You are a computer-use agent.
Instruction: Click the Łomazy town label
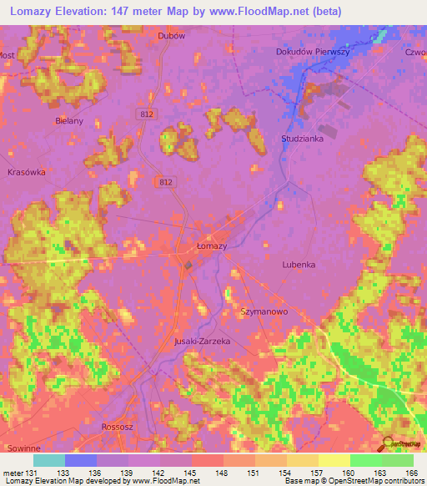(212, 246)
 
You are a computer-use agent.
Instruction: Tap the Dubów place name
(171, 36)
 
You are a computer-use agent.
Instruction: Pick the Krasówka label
(26, 172)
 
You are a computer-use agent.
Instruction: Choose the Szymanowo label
(264, 310)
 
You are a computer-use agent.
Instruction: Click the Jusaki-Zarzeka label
(201, 342)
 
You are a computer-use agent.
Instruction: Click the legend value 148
(221, 473)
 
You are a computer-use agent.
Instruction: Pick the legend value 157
(317, 473)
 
